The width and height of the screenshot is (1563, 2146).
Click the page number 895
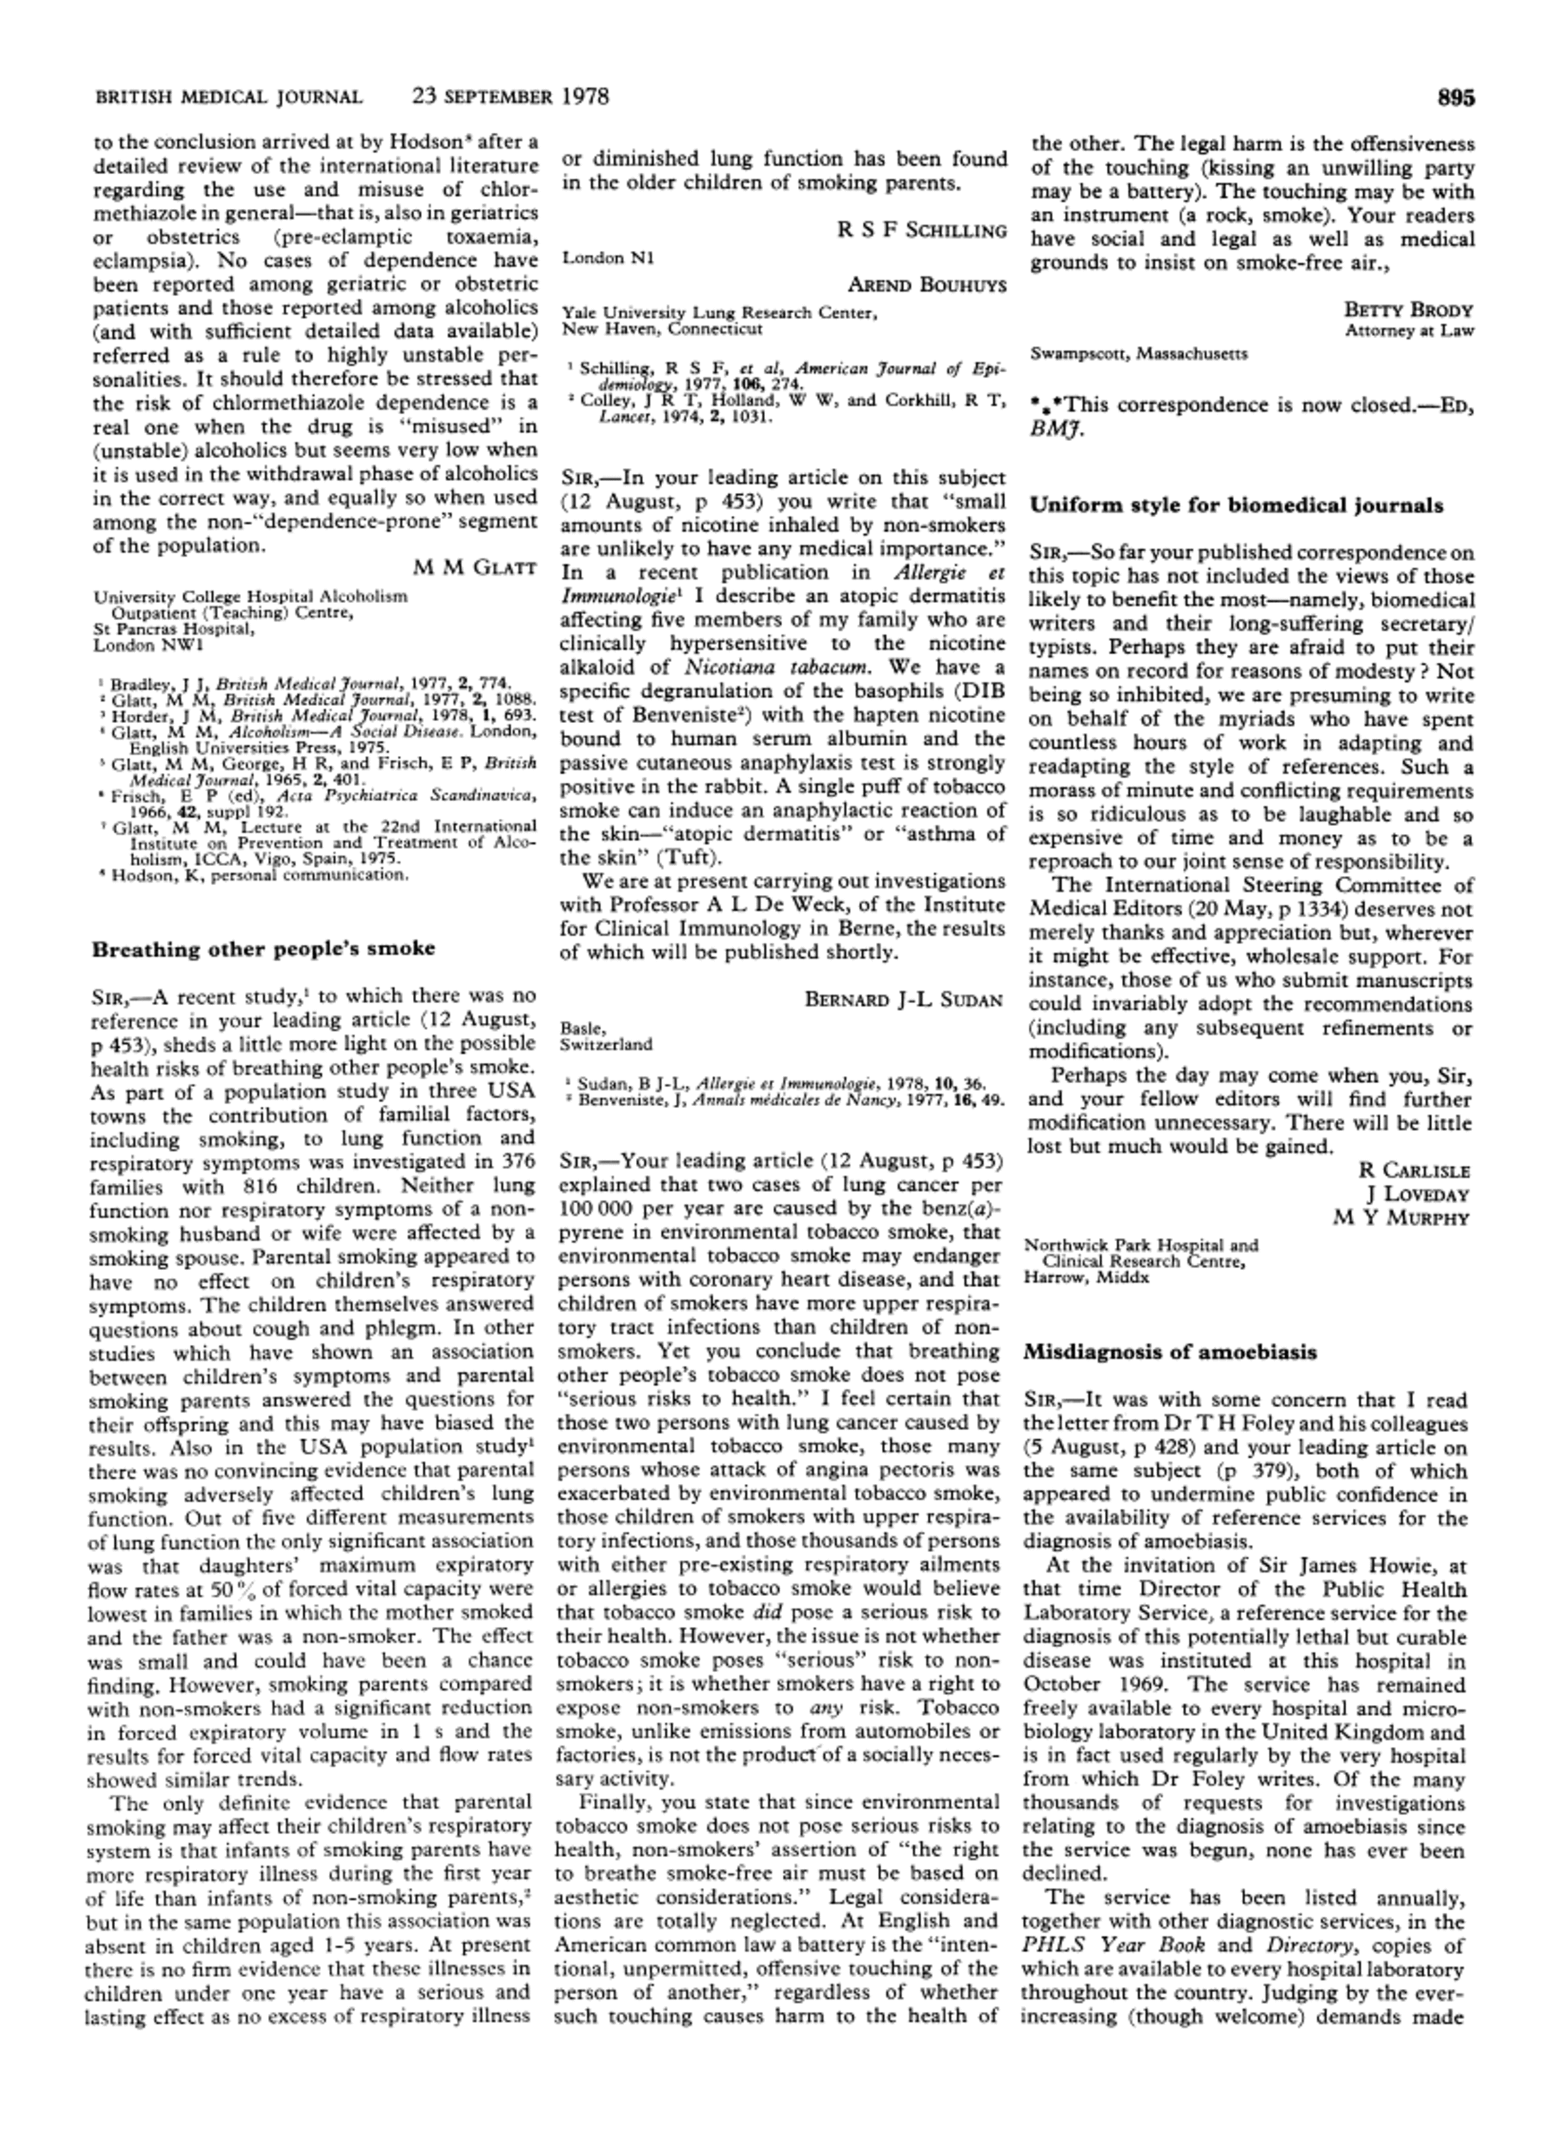click(x=1455, y=97)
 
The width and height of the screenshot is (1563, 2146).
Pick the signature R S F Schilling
click(x=921, y=231)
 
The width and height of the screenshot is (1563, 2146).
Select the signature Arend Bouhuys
click(x=926, y=285)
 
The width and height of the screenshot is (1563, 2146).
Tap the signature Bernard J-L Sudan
click(x=904, y=999)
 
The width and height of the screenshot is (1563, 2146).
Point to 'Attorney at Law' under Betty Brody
click(x=1409, y=331)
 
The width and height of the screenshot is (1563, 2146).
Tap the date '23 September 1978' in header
click(x=510, y=97)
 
